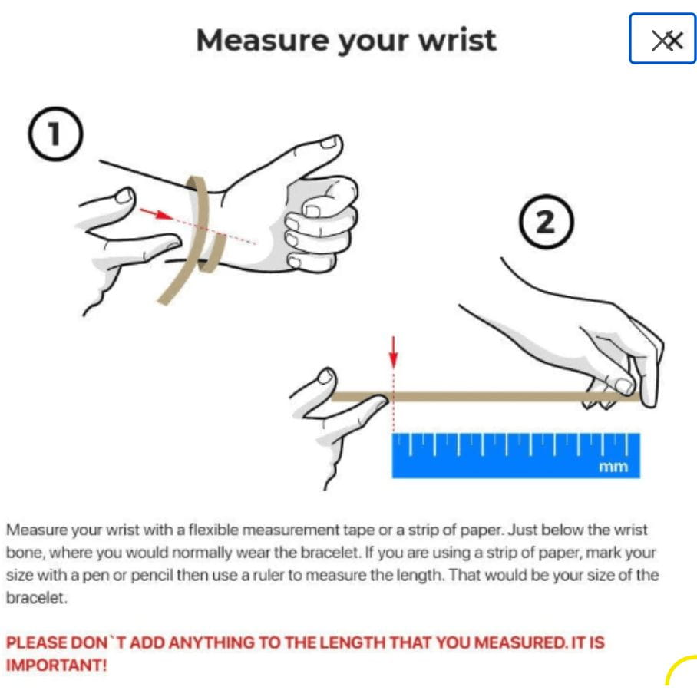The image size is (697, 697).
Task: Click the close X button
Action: click(662, 38)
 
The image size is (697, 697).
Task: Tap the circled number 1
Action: click(55, 134)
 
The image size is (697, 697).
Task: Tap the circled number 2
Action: click(547, 221)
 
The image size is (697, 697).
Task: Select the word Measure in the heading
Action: click(264, 40)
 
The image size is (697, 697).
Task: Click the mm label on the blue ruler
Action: click(613, 467)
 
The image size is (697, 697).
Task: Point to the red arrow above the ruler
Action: click(393, 352)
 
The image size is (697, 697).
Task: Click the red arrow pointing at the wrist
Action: click(157, 214)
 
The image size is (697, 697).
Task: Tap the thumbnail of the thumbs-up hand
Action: click(330, 142)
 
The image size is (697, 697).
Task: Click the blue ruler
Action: click(516, 456)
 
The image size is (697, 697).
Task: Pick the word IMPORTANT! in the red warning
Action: click(57, 666)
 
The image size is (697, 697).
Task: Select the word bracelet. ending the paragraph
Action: click(36, 598)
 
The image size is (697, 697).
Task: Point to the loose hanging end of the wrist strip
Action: click(164, 299)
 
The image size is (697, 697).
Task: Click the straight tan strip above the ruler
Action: click(485, 397)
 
